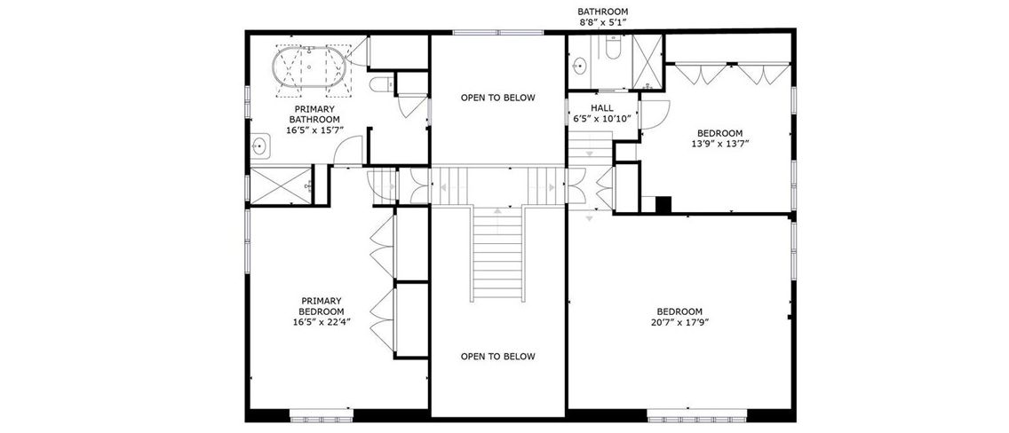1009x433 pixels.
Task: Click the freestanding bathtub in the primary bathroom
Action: (x=309, y=67)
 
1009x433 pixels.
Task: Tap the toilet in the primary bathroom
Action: (x=382, y=84)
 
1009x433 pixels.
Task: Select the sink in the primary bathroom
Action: (x=260, y=146)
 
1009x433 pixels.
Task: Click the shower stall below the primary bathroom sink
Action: (x=280, y=185)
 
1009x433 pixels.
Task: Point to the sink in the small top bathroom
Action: (x=580, y=65)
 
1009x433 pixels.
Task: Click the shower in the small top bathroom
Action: (x=648, y=62)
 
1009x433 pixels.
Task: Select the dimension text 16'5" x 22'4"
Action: (x=322, y=322)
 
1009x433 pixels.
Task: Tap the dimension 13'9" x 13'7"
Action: (x=720, y=144)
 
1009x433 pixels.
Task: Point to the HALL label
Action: (x=602, y=108)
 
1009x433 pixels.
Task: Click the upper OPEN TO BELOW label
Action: (x=498, y=98)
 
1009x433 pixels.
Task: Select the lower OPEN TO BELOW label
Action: (x=498, y=356)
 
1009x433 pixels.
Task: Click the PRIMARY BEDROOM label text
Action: (x=322, y=306)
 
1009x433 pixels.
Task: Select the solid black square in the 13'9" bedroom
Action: (x=663, y=204)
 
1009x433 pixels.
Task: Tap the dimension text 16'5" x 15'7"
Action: (x=315, y=130)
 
